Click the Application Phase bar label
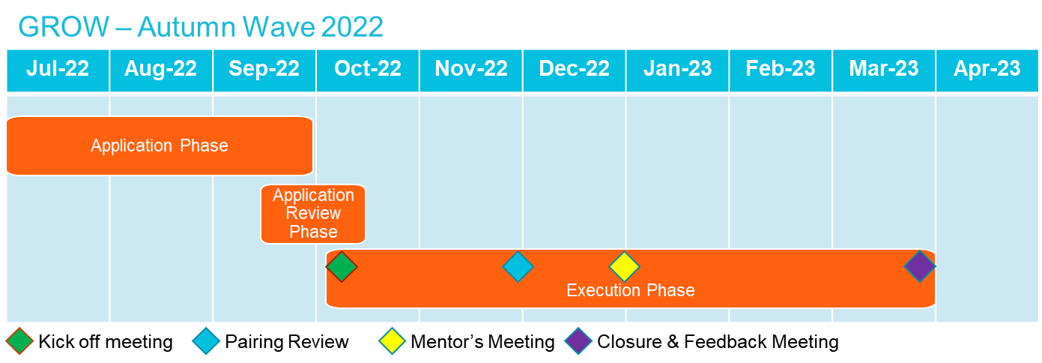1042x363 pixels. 160,145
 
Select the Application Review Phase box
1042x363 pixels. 313,214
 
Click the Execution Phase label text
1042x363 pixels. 630,290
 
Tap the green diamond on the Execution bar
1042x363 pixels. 342,266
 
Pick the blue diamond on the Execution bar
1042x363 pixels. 518,266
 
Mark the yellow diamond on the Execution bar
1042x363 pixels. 624,266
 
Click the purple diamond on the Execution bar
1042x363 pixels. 920,266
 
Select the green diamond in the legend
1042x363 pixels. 19,341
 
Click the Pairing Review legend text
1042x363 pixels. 287,342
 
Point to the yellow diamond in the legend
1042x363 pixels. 392,341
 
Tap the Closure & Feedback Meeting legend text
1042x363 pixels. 718,342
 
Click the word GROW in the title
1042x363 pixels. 64,27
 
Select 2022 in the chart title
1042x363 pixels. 352,27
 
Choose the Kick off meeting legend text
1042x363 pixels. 106,342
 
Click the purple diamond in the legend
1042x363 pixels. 578,341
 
